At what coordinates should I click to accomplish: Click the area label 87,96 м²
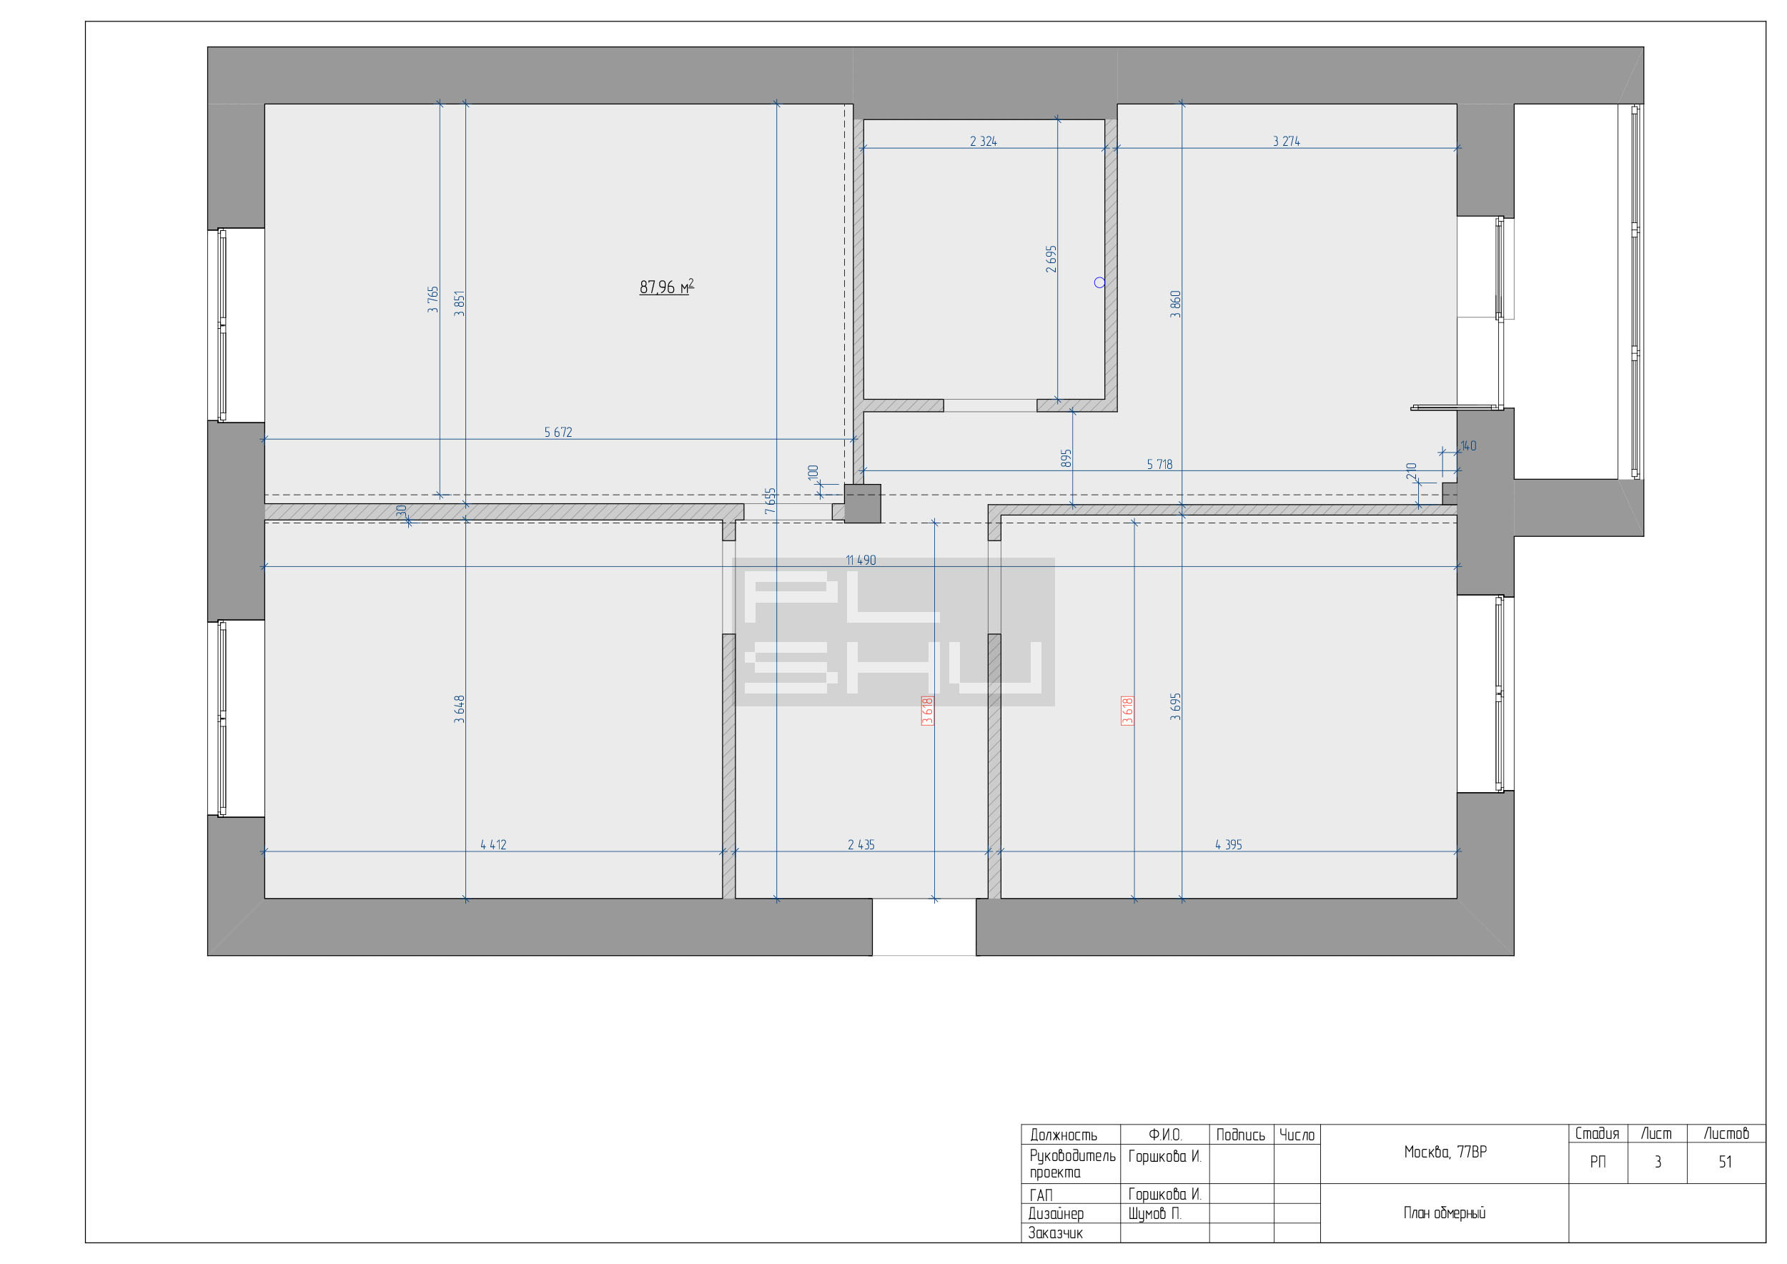pyautogui.click(x=666, y=287)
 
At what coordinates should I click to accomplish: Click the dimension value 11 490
pyautogui.click(x=861, y=561)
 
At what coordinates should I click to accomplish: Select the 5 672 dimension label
pyautogui.click(x=558, y=432)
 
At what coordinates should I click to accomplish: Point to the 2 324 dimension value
pyautogui.click(x=983, y=142)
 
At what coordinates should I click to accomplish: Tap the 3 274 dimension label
pyautogui.click(x=1286, y=142)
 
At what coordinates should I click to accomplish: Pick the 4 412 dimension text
pyautogui.click(x=493, y=844)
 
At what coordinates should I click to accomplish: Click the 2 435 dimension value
pyautogui.click(x=861, y=844)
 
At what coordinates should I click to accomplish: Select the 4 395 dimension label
pyautogui.click(x=1228, y=844)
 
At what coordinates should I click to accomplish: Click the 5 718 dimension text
pyautogui.click(x=1159, y=465)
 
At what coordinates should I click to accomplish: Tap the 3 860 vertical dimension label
pyautogui.click(x=1175, y=305)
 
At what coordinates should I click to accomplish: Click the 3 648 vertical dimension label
pyautogui.click(x=459, y=709)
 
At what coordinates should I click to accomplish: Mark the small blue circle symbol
pyautogui.click(x=1099, y=282)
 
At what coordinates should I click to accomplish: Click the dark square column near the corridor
pyautogui.click(x=862, y=503)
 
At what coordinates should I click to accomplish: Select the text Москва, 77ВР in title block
pyautogui.click(x=1445, y=1152)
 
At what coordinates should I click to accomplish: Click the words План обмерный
pyautogui.click(x=1445, y=1213)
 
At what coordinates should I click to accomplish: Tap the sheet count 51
pyautogui.click(x=1726, y=1162)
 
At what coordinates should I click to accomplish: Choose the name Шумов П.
pyautogui.click(x=1154, y=1213)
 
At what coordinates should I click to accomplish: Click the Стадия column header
pyautogui.click(x=1597, y=1134)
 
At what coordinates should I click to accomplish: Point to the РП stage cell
pyautogui.click(x=1597, y=1162)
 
